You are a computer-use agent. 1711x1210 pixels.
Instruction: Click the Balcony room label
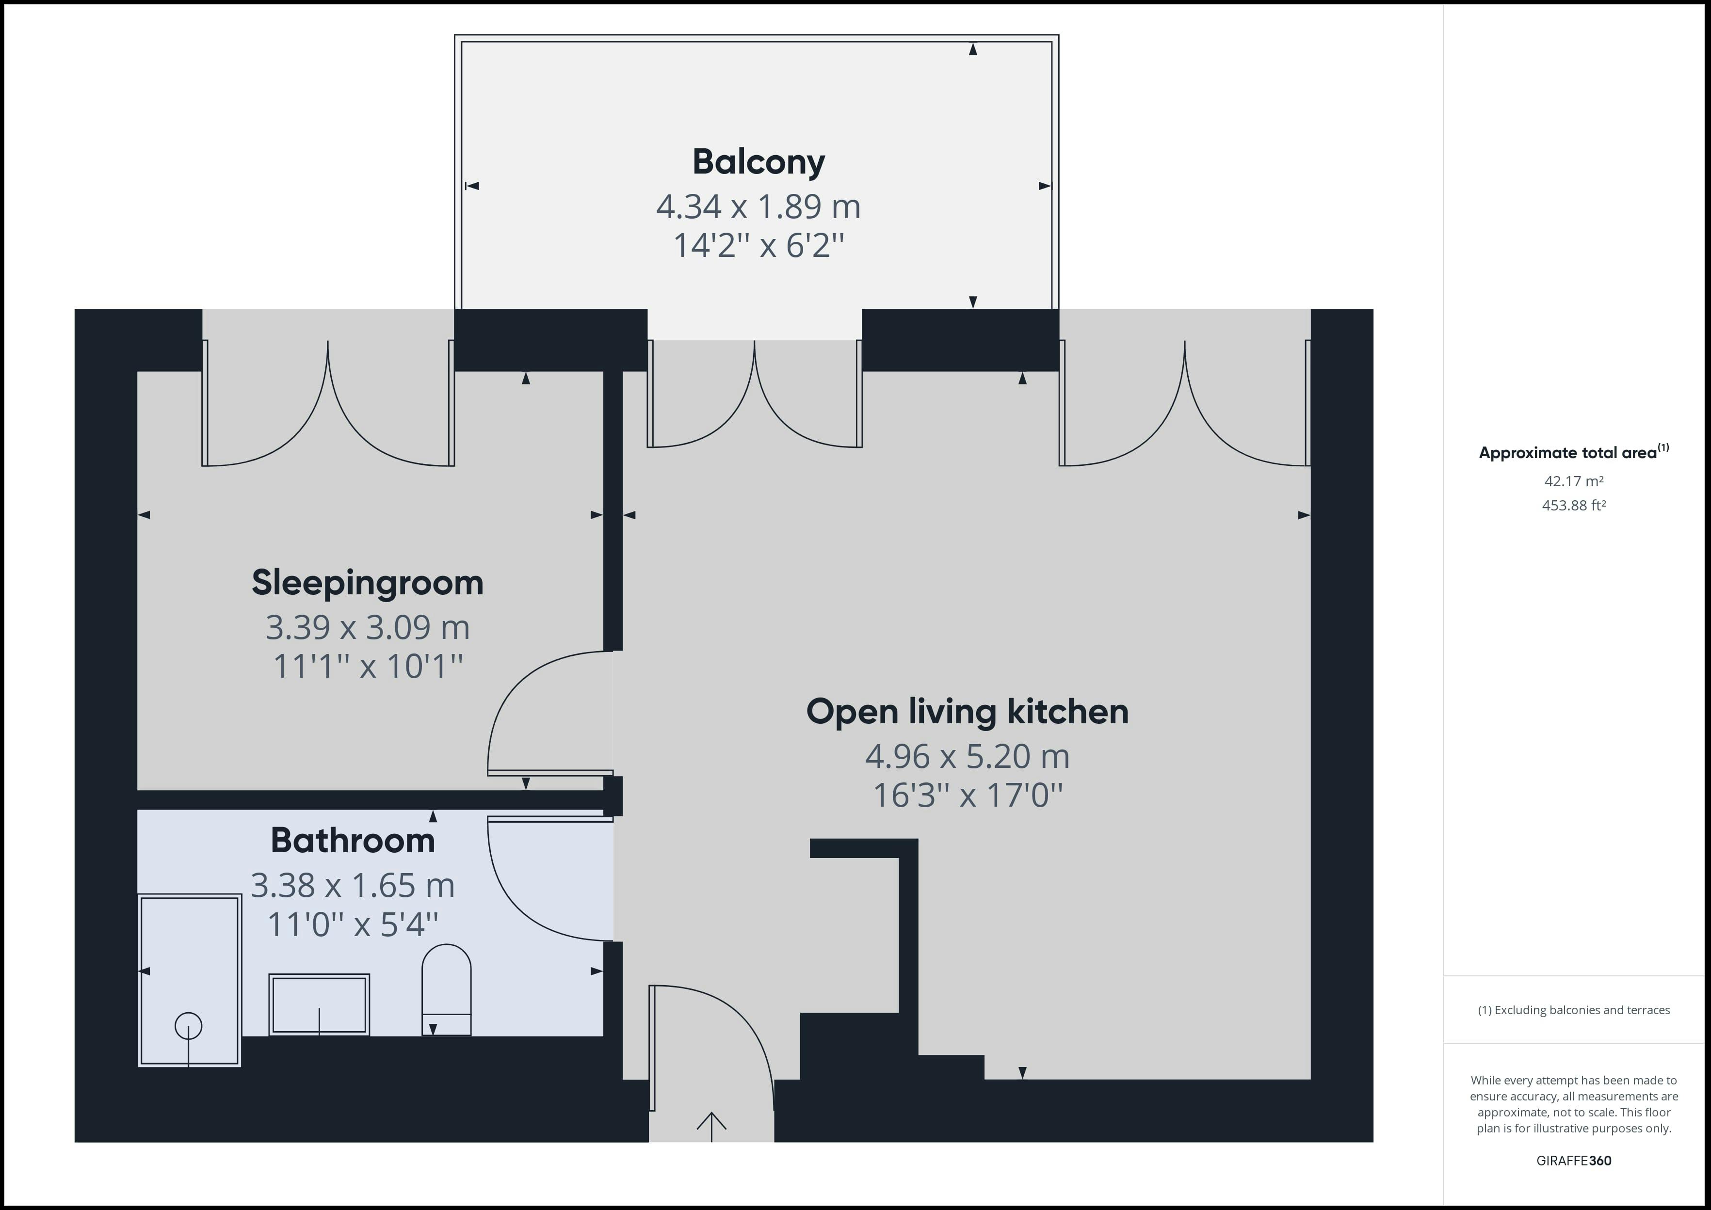pos(759,162)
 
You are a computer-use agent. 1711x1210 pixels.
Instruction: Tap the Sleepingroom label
pos(368,583)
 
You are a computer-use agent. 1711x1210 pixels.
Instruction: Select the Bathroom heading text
pos(353,841)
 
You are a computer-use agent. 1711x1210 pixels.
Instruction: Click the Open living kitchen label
pos(967,712)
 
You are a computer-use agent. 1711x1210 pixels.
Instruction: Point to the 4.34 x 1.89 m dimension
pos(759,207)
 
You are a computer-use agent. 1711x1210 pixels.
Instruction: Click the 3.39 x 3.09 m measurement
pos(368,627)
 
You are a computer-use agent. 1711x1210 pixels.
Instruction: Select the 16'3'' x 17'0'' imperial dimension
pos(967,795)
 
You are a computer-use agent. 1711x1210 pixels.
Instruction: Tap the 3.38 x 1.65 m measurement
pos(353,885)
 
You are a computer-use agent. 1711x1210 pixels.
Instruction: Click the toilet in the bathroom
pos(446,989)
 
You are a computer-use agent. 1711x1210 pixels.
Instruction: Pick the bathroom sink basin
pos(319,1004)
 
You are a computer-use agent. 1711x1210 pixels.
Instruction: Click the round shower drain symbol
pos(189,1026)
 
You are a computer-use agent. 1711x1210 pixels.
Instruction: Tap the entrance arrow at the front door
pos(711,1127)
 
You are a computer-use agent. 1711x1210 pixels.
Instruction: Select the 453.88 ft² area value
pos(1574,505)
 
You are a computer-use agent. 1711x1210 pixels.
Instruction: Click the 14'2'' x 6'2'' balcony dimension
pos(759,245)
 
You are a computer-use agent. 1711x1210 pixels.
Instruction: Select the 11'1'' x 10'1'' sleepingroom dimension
pos(368,666)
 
